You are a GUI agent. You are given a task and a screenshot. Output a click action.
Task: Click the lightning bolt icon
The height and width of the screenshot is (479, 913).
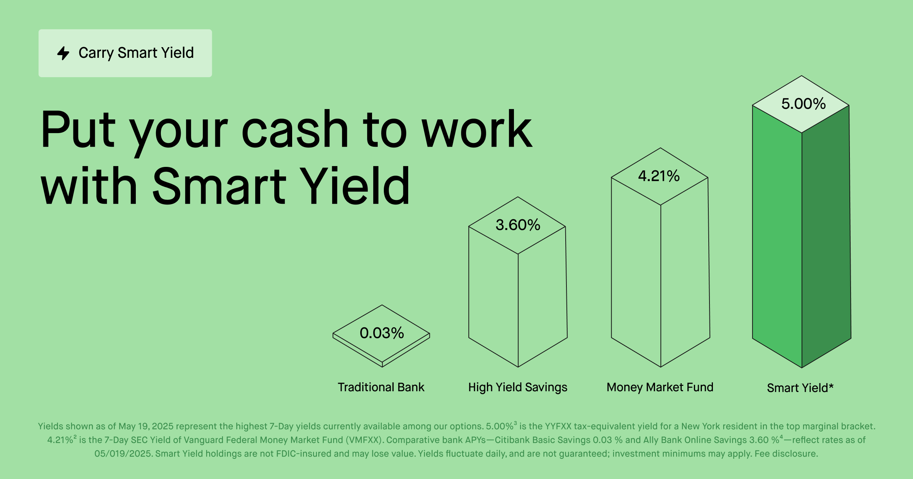pyautogui.click(x=63, y=53)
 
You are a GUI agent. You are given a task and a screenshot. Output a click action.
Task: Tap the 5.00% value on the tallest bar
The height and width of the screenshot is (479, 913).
pyautogui.click(x=803, y=104)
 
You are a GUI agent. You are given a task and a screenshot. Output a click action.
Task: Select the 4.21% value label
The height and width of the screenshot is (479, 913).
pyautogui.click(x=659, y=176)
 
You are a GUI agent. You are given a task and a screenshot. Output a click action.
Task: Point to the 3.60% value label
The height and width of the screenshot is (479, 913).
pyautogui.click(x=518, y=225)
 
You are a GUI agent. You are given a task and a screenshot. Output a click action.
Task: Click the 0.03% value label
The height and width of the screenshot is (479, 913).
pyautogui.click(x=382, y=333)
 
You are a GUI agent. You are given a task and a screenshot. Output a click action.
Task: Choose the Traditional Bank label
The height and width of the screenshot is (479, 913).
pyautogui.click(x=381, y=387)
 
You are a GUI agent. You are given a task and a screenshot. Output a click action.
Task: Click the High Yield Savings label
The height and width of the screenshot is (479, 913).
pyautogui.click(x=518, y=387)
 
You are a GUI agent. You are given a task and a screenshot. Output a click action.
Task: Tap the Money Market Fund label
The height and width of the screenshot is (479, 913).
pyautogui.click(x=660, y=387)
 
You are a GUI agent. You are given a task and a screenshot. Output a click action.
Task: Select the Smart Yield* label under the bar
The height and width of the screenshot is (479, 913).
pyautogui.click(x=800, y=388)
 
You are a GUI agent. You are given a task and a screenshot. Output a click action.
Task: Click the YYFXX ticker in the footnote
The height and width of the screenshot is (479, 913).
pyautogui.click(x=558, y=426)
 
